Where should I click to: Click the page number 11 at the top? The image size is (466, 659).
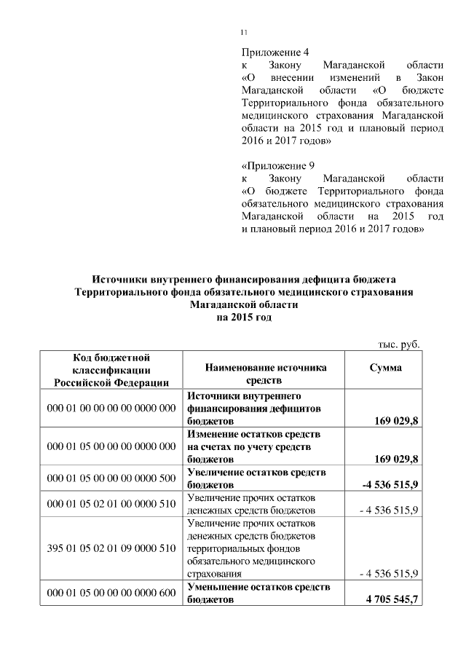click(x=244, y=31)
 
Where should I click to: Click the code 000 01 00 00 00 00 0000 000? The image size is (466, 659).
click(x=111, y=409)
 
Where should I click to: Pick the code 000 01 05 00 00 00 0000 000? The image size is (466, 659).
click(x=111, y=446)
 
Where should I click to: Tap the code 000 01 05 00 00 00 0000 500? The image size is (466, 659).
click(x=111, y=478)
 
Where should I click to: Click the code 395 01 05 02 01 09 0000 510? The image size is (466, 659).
click(x=111, y=548)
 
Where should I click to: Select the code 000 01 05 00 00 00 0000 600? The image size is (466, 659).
click(x=111, y=593)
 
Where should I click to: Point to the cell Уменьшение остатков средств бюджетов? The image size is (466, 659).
click(x=259, y=593)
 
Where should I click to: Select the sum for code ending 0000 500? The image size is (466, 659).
click(x=390, y=484)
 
